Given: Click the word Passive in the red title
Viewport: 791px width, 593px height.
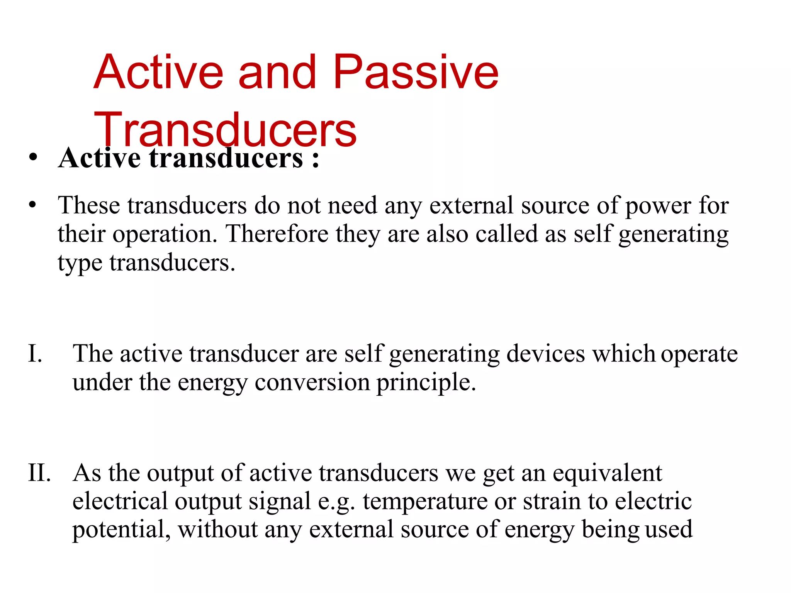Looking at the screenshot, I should tap(416, 72).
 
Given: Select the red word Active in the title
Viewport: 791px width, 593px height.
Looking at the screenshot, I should tap(158, 72).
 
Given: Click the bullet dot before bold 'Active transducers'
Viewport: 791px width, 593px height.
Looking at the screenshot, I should tap(33, 158).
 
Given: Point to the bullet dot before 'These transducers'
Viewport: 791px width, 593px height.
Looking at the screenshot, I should tap(33, 204).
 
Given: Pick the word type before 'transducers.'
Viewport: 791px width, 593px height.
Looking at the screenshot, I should tap(80, 264).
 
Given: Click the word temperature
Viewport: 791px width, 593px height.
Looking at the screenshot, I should tap(425, 502).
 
